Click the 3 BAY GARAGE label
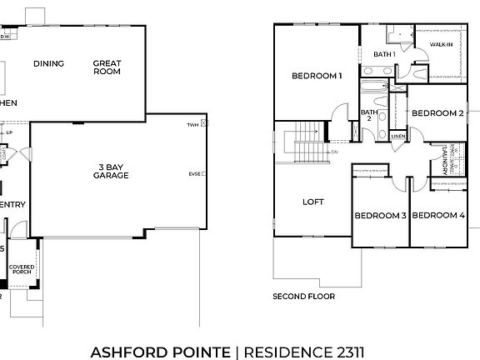point(110,171)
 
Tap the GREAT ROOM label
point(107,67)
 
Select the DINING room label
point(48,63)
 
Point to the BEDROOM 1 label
point(317,77)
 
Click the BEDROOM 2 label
point(437,113)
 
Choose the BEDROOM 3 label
point(380,216)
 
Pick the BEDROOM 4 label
point(438,216)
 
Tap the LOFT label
point(313,202)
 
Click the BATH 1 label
point(384,55)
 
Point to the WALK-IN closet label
point(441,43)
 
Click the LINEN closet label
point(398,136)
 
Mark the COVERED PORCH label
point(22,269)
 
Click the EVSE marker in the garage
point(194,173)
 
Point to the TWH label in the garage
point(193,124)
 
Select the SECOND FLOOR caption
point(304,296)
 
